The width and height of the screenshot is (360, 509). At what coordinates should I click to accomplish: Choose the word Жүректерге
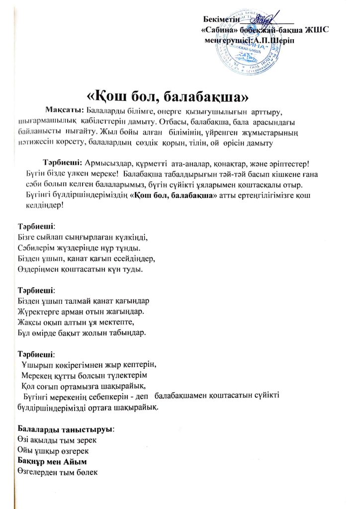coord(37,311)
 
